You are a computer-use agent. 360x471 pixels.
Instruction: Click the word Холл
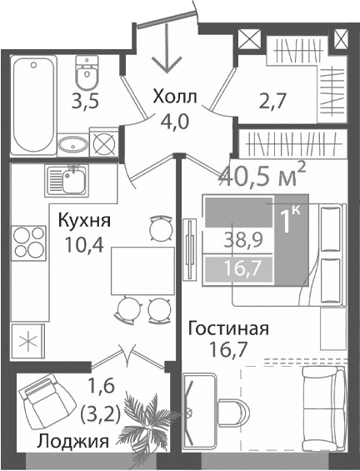tap(176, 98)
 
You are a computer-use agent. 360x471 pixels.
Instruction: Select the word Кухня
tap(85, 222)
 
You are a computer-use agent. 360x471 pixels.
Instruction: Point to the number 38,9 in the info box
tap(240, 241)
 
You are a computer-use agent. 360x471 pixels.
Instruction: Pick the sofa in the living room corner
tap(322, 409)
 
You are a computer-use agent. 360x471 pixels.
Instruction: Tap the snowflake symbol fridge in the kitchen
tap(28, 342)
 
